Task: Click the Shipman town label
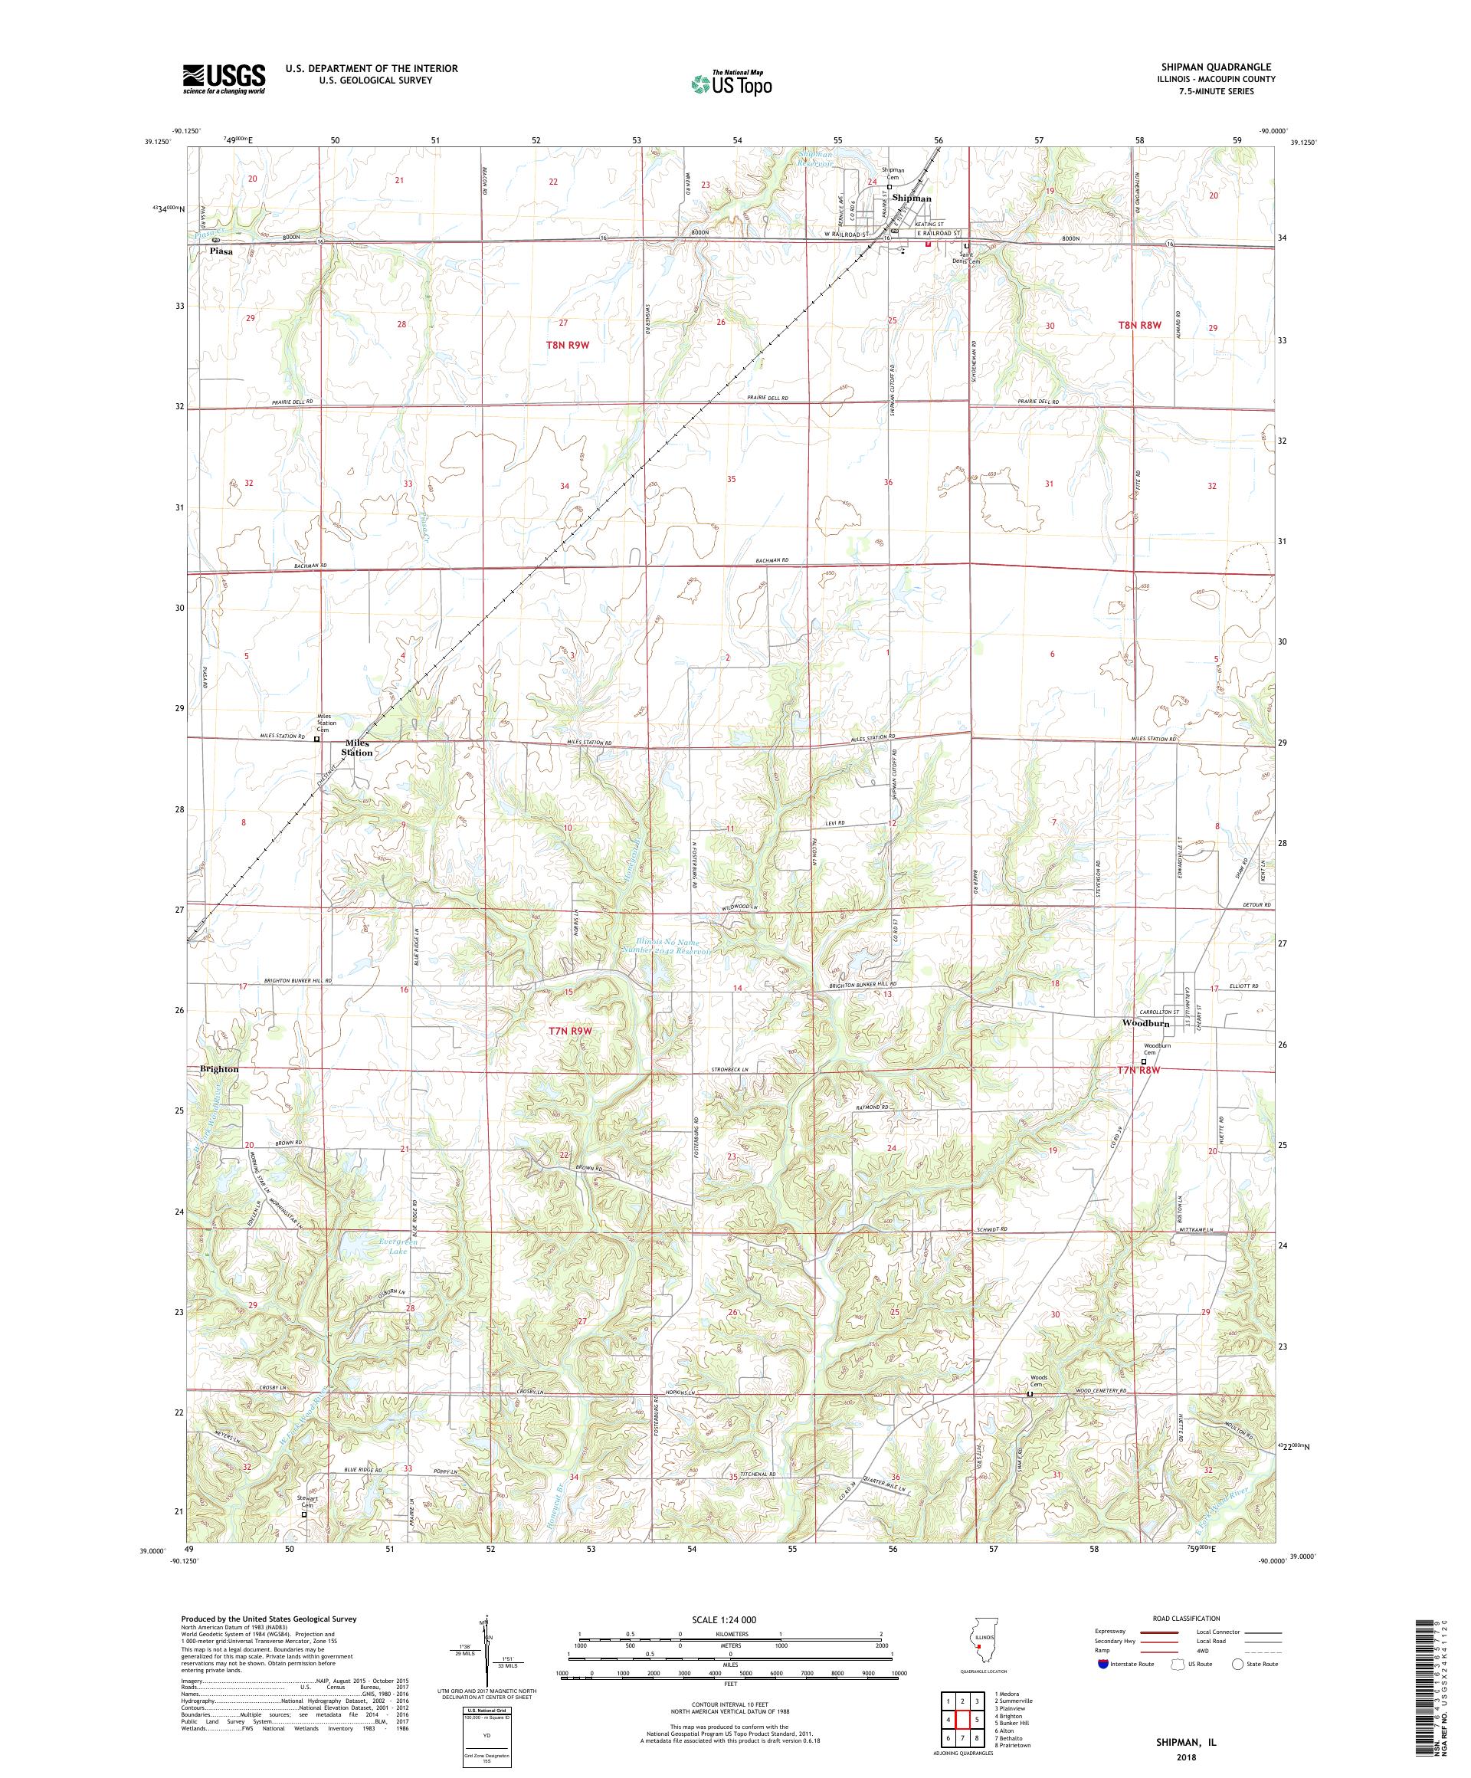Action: point(911,198)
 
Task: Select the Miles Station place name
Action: point(356,748)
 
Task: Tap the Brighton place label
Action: point(219,1069)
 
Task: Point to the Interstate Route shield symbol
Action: point(1102,1664)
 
